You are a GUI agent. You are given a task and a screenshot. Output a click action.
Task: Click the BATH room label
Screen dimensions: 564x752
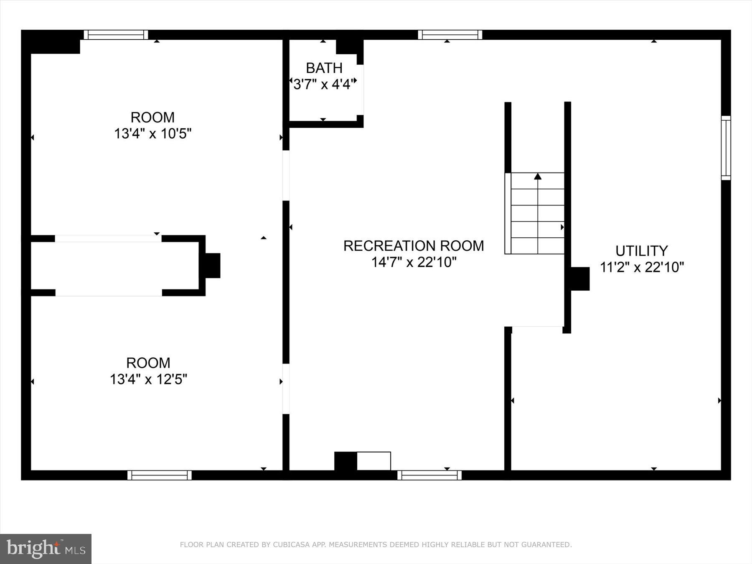pyautogui.click(x=324, y=68)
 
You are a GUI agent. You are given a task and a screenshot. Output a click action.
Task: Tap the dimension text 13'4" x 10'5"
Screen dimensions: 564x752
pyautogui.click(x=152, y=134)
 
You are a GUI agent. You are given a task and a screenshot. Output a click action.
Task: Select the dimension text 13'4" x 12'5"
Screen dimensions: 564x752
pyautogui.click(x=148, y=379)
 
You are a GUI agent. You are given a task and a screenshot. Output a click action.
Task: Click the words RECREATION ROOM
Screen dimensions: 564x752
pyautogui.click(x=414, y=246)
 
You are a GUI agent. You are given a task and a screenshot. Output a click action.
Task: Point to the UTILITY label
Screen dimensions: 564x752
pyautogui.click(x=641, y=251)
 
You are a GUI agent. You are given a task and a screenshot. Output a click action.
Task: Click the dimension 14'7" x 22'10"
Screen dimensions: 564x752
pyautogui.click(x=414, y=262)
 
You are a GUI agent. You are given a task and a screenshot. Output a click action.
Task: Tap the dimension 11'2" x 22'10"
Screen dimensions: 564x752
pyautogui.click(x=642, y=267)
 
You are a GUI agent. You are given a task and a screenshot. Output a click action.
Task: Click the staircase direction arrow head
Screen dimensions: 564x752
pyautogui.click(x=538, y=177)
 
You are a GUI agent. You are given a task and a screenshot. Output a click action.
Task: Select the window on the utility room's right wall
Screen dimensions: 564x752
pyautogui.click(x=726, y=148)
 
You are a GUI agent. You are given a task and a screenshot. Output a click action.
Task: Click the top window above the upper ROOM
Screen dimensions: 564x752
pyautogui.click(x=116, y=35)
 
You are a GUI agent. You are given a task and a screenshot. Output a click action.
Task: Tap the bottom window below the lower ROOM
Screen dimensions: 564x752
pyautogui.click(x=159, y=475)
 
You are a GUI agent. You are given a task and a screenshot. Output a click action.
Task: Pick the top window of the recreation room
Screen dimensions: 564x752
pyautogui.click(x=450, y=35)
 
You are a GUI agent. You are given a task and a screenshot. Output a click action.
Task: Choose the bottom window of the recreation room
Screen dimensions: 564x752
pyautogui.click(x=429, y=475)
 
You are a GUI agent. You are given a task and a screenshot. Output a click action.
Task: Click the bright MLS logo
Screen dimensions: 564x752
pyautogui.click(x=46, y=549)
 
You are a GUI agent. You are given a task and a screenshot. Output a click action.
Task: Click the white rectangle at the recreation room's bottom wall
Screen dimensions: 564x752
pyautogui.click(x=374, y=461)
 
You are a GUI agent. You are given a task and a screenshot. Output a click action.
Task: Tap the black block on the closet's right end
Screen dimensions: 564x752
pyautogui.click(x=212, y=265)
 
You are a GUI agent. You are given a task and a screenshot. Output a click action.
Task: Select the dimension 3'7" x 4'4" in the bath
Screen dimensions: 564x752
pyautogui.click(x=324, y=85)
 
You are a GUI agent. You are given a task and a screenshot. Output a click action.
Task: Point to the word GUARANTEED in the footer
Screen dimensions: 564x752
pyautogui.click(x=548, y=545)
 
